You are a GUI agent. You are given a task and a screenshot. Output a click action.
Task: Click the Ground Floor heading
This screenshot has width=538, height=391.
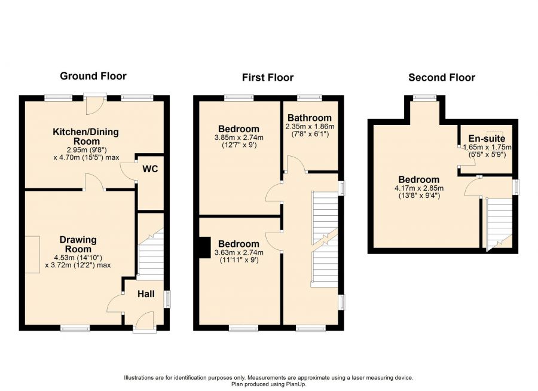93,76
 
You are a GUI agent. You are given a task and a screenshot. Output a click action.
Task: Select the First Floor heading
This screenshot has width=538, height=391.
267,78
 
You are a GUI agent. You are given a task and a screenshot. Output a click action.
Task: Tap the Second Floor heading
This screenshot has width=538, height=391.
441,78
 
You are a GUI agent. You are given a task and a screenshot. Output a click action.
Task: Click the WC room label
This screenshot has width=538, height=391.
150,169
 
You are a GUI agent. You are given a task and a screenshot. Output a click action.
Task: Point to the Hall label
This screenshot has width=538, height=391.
146,294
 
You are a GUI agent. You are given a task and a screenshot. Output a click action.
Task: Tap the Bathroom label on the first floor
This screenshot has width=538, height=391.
309,118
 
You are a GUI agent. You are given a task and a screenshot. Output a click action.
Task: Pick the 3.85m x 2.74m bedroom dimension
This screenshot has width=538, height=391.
239,137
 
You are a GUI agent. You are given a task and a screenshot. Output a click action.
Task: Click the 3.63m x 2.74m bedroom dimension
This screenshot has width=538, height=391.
239,252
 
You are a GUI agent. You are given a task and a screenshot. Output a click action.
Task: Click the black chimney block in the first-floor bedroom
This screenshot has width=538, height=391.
204,246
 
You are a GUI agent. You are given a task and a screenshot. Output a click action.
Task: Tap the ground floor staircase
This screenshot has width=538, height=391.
151,251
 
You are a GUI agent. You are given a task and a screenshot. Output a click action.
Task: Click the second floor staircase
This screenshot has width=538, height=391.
500,221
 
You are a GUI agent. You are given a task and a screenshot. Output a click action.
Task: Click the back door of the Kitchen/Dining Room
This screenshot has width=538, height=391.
93,104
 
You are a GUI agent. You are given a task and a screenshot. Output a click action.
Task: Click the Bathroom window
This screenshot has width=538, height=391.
309,97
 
